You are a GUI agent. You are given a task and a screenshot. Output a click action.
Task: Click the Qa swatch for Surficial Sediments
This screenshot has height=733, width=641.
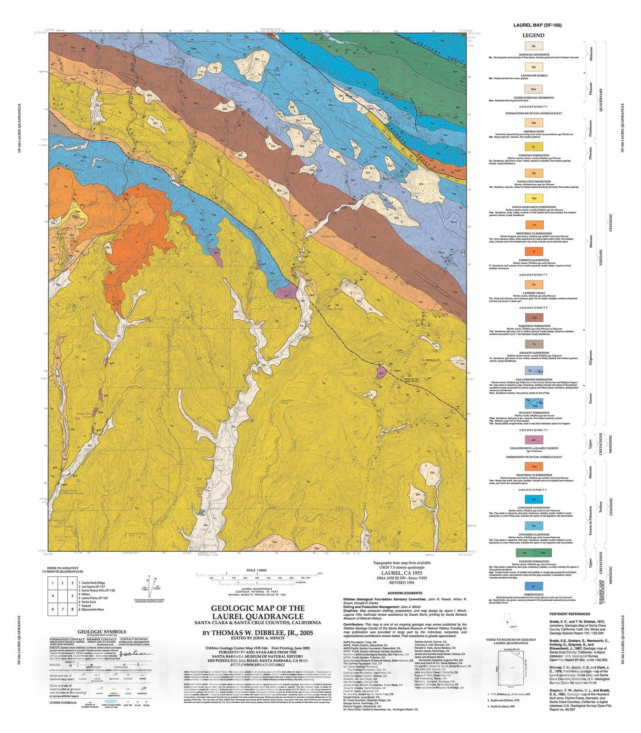tap(534, 46)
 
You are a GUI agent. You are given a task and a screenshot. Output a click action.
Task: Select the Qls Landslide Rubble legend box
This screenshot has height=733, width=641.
tap(534, 67)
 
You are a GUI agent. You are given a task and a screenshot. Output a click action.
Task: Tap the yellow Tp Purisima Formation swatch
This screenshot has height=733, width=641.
tap(534, 147)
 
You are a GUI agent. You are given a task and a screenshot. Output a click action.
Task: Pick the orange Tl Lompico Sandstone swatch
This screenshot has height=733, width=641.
tap(534, 252)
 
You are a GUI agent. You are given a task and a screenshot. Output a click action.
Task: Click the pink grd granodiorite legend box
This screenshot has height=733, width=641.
tap(534, 440)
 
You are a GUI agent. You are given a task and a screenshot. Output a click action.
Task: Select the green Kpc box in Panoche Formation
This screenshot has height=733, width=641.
tap(543, 553)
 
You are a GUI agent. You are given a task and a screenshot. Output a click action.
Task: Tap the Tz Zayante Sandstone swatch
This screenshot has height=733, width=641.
tap(534, 344)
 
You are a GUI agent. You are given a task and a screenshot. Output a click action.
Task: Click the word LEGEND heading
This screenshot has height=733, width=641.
tap(533, 35)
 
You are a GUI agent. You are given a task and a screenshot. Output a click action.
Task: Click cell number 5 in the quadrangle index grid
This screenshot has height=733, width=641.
tap(73, 596)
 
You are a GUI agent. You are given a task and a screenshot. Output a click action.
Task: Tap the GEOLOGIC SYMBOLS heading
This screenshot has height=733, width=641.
tap(102, 632)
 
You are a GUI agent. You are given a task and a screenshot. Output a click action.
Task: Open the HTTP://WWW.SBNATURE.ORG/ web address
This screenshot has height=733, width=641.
tap(257, 664)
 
